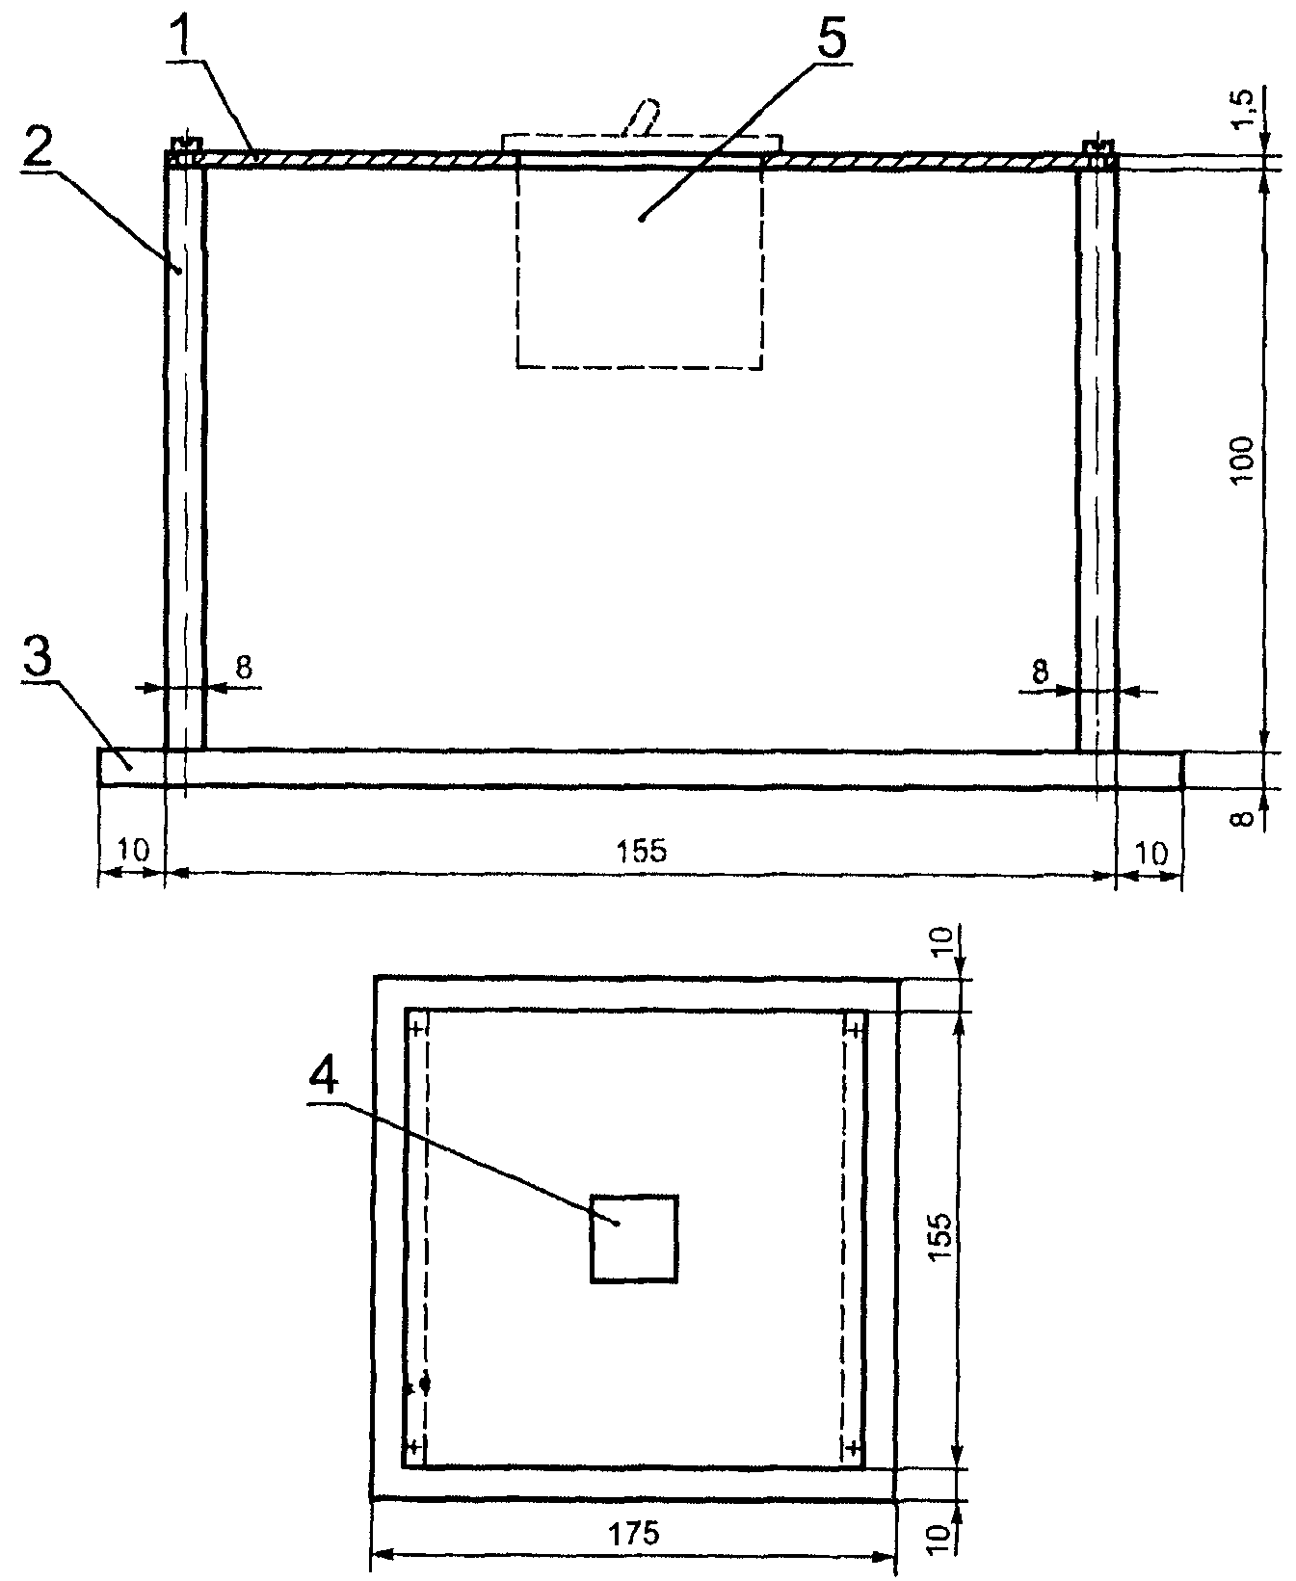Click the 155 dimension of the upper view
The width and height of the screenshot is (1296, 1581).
tap(641, 851)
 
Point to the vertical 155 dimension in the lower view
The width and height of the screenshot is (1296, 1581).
tap(941, 1230)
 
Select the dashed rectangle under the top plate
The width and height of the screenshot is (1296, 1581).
tap(639, 261)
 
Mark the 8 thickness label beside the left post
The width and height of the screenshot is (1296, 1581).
tap(244, 667)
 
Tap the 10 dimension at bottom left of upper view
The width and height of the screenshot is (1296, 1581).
tap(134, 851)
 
